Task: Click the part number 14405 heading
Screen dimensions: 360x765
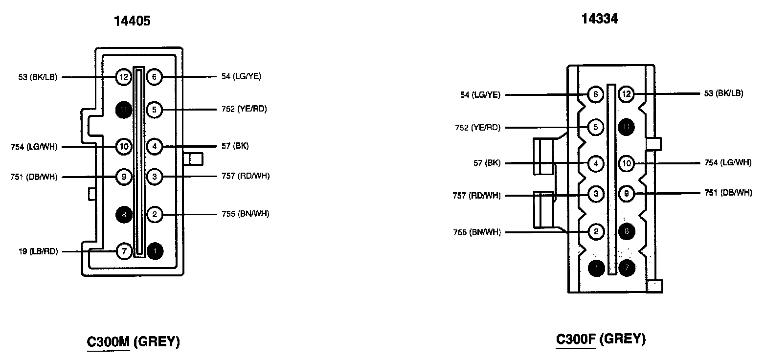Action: point(132,21)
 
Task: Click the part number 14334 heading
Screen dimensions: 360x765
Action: point(599,19)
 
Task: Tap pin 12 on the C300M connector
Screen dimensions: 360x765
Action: point(124,77)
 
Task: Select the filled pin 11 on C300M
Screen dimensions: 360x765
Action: point(124,110)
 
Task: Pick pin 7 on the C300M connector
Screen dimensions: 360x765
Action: point(124,251)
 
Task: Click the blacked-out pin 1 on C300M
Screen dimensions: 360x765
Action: point(155,251)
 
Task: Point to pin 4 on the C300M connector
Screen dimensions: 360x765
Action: point(155,146)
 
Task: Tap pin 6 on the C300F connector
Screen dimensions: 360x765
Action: point(595,94)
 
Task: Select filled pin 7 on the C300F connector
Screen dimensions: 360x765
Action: point(627,268)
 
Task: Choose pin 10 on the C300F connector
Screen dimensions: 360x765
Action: point(627,163)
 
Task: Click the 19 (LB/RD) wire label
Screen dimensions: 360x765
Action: point(37,252)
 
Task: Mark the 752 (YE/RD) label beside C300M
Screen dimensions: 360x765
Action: point(245,109)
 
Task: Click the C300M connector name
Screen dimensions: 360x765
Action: point(108,341)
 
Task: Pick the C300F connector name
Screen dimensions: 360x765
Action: point(576,338)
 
